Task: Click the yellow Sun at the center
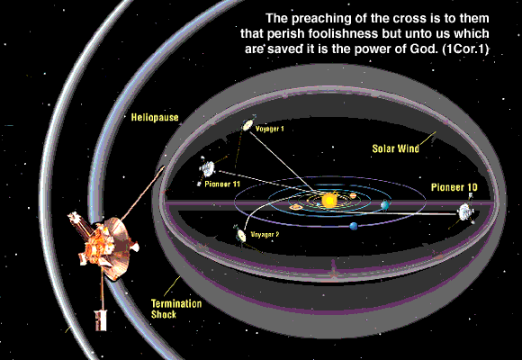329,201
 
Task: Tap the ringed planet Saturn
295,208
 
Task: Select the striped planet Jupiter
353,195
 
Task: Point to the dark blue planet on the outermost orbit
354,227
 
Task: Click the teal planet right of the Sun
385,205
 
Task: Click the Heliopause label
155,117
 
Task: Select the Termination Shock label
176,309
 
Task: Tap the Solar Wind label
395,148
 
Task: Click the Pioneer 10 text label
454,187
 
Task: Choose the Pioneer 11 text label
222,184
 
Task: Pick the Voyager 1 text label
270,129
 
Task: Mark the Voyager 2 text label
265,234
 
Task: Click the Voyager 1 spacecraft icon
247,124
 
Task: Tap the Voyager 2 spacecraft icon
240,235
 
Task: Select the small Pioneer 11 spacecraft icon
207,169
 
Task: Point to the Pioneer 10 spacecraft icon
465,211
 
